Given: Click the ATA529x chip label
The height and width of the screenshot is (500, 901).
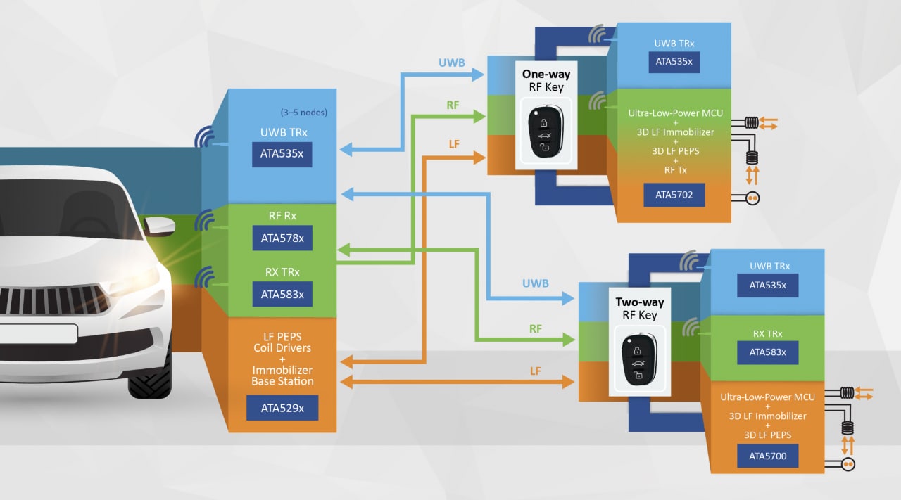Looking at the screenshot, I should tap(282, 408).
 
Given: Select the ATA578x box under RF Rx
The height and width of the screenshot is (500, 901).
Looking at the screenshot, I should tap(282, 238).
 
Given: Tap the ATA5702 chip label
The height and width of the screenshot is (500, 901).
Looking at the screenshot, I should tap(674, 195).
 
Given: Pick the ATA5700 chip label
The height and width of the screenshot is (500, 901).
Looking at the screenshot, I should tap(767, 456).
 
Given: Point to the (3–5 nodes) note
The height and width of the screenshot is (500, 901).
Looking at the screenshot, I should tap(303, 113).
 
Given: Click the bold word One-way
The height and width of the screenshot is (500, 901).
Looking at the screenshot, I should tap(546, 74).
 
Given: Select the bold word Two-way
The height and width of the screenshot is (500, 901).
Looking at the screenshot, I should tap(639, 302).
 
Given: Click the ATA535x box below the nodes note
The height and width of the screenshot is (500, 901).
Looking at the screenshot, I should tap(282, 155).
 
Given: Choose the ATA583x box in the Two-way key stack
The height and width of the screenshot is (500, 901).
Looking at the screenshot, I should tap(767, 352).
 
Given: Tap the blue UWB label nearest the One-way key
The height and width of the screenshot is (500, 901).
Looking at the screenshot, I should tap(451, 63).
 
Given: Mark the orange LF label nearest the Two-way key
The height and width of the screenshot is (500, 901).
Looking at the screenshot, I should tap(535, 371).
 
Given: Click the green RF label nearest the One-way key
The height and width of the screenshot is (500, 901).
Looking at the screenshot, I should tap(453, 105).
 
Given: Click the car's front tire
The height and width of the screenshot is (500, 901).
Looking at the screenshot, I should tap(149, 378).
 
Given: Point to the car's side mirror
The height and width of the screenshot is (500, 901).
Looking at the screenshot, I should tap(158, 225).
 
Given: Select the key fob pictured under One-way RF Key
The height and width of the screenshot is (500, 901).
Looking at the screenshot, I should tap(546, 132).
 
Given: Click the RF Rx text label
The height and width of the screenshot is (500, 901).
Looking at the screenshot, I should tap(282, 217).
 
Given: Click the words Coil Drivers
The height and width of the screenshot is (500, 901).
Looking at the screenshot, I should tap(282, 348).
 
